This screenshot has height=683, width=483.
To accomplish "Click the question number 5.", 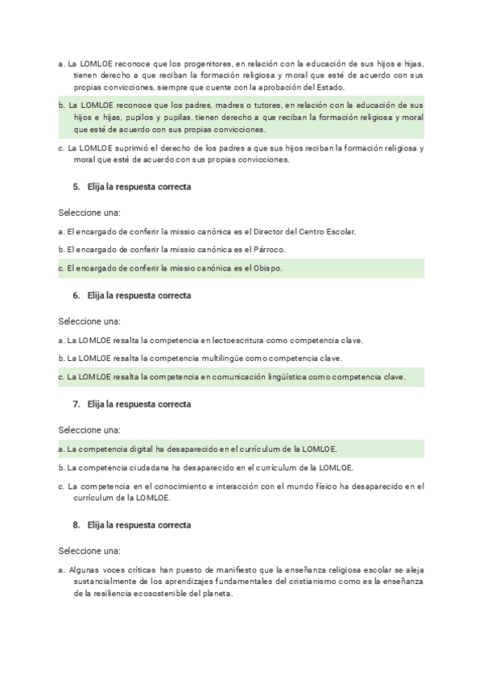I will pyautogui.click(x=75, y=187).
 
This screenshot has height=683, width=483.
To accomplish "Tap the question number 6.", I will pyautogui.click(x=75, y=296).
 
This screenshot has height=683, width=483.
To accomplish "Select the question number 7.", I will pyautogui.click(x=75, y=404).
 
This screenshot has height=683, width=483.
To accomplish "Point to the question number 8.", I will pyautogui.click(x=75, y=525).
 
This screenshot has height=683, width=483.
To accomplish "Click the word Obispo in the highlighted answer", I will pyautogui.click(x=267, y=268).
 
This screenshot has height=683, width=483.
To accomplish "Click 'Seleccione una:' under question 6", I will pyautogui.click(x=89, y=321).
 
